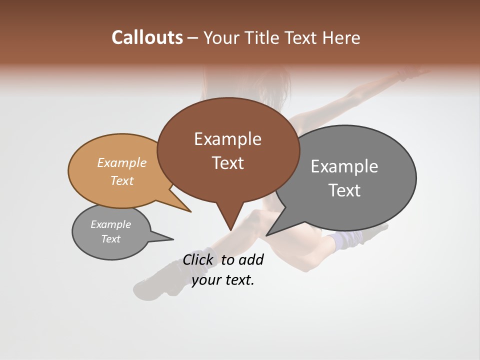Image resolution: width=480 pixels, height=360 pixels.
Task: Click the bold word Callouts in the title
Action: point(147,37)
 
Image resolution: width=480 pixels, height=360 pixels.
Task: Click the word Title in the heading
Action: point(264,37)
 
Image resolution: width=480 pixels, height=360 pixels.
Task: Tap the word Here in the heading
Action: point(342,37)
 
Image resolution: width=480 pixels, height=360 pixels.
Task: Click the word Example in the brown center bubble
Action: point(227,139)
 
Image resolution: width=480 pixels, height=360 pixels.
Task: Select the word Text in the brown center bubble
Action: point(227,163)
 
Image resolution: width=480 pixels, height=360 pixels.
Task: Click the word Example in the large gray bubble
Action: point(344,166)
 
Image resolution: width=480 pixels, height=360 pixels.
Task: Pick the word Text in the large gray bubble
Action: point(344,190)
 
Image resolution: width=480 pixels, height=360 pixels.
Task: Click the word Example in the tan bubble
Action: point(121,163)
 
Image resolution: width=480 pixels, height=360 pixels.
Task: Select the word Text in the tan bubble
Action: point(121,180)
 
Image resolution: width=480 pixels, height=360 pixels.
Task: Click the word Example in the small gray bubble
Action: point(110,224)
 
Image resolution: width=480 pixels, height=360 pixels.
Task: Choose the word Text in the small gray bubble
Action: point(110,239)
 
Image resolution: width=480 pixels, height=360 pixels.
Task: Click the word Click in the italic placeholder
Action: point(197,259)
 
